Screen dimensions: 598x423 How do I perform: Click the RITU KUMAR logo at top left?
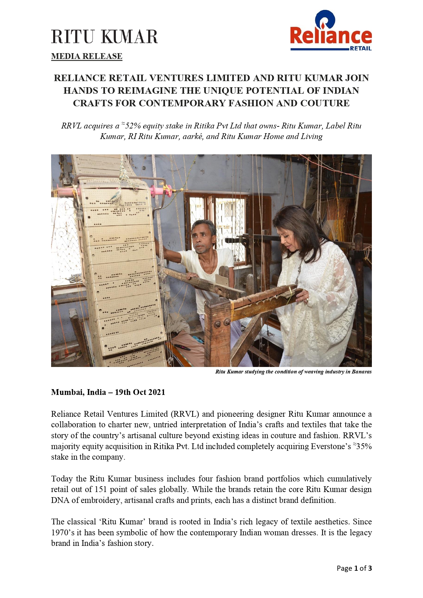pos(104,37)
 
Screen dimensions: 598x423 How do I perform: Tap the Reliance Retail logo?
pos(331,31)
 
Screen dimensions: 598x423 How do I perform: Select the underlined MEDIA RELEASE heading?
pos(87,56)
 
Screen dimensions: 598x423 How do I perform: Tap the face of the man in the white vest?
pos(203,237)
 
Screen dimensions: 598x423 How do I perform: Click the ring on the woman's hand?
pos(307,300)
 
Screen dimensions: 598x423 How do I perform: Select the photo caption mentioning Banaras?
pos(293,372)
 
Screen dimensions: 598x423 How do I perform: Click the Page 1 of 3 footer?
pos(354,568)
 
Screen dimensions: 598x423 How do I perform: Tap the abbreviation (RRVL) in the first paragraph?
pos(185,414)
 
